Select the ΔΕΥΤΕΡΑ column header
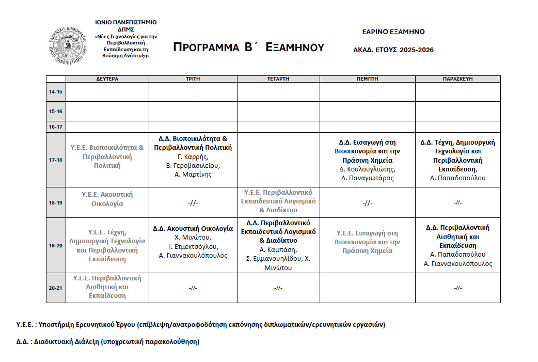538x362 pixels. tap(107, 79)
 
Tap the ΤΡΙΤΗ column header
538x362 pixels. tap(193, 79)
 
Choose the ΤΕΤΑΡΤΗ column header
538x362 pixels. tap(278, 79)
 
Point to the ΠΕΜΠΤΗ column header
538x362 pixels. tap(367, 79)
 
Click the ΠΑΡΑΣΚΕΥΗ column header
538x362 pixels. tap(457, 79)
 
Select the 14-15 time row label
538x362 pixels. tap(55, 92)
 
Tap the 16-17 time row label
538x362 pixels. tap(55, 127)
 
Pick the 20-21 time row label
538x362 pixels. tap(55, 288)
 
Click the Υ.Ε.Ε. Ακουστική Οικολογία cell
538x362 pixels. tap(107, 199)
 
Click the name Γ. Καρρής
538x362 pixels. tap(193, 156)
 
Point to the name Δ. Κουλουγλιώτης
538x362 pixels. tap(367, 169)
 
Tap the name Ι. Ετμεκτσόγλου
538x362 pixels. tap(193, 246)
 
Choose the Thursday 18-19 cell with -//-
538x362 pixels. tap(367, 202)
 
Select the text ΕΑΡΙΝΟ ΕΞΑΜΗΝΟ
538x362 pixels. tap(393, 32)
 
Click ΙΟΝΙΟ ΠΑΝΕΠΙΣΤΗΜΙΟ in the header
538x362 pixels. tap(125, 23)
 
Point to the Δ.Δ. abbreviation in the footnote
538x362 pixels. tap(23, 342)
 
